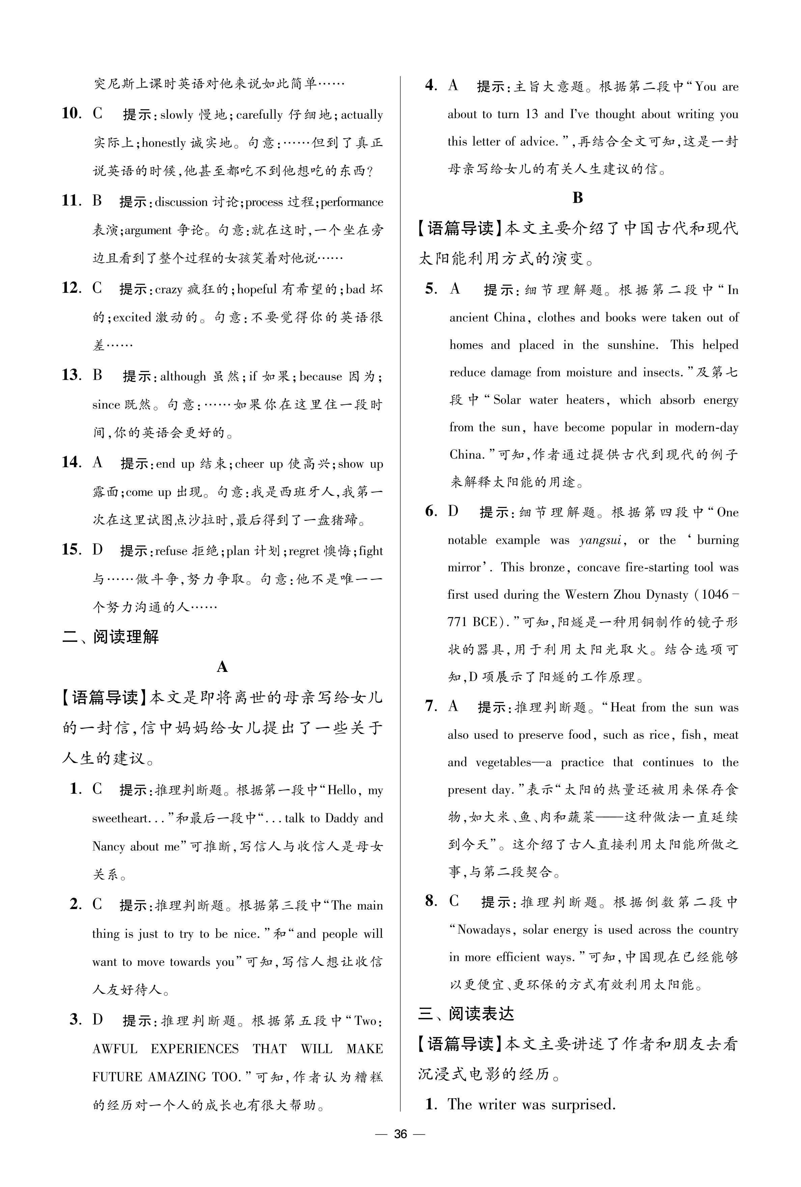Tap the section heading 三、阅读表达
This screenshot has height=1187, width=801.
466,1013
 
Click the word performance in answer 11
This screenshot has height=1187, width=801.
352,202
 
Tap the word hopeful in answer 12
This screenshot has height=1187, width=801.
257,289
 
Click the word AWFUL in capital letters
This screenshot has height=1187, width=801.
115,1049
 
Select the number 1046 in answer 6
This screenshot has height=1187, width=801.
715,595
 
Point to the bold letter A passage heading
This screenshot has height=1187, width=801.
222,667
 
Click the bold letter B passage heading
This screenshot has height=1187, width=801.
578,198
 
